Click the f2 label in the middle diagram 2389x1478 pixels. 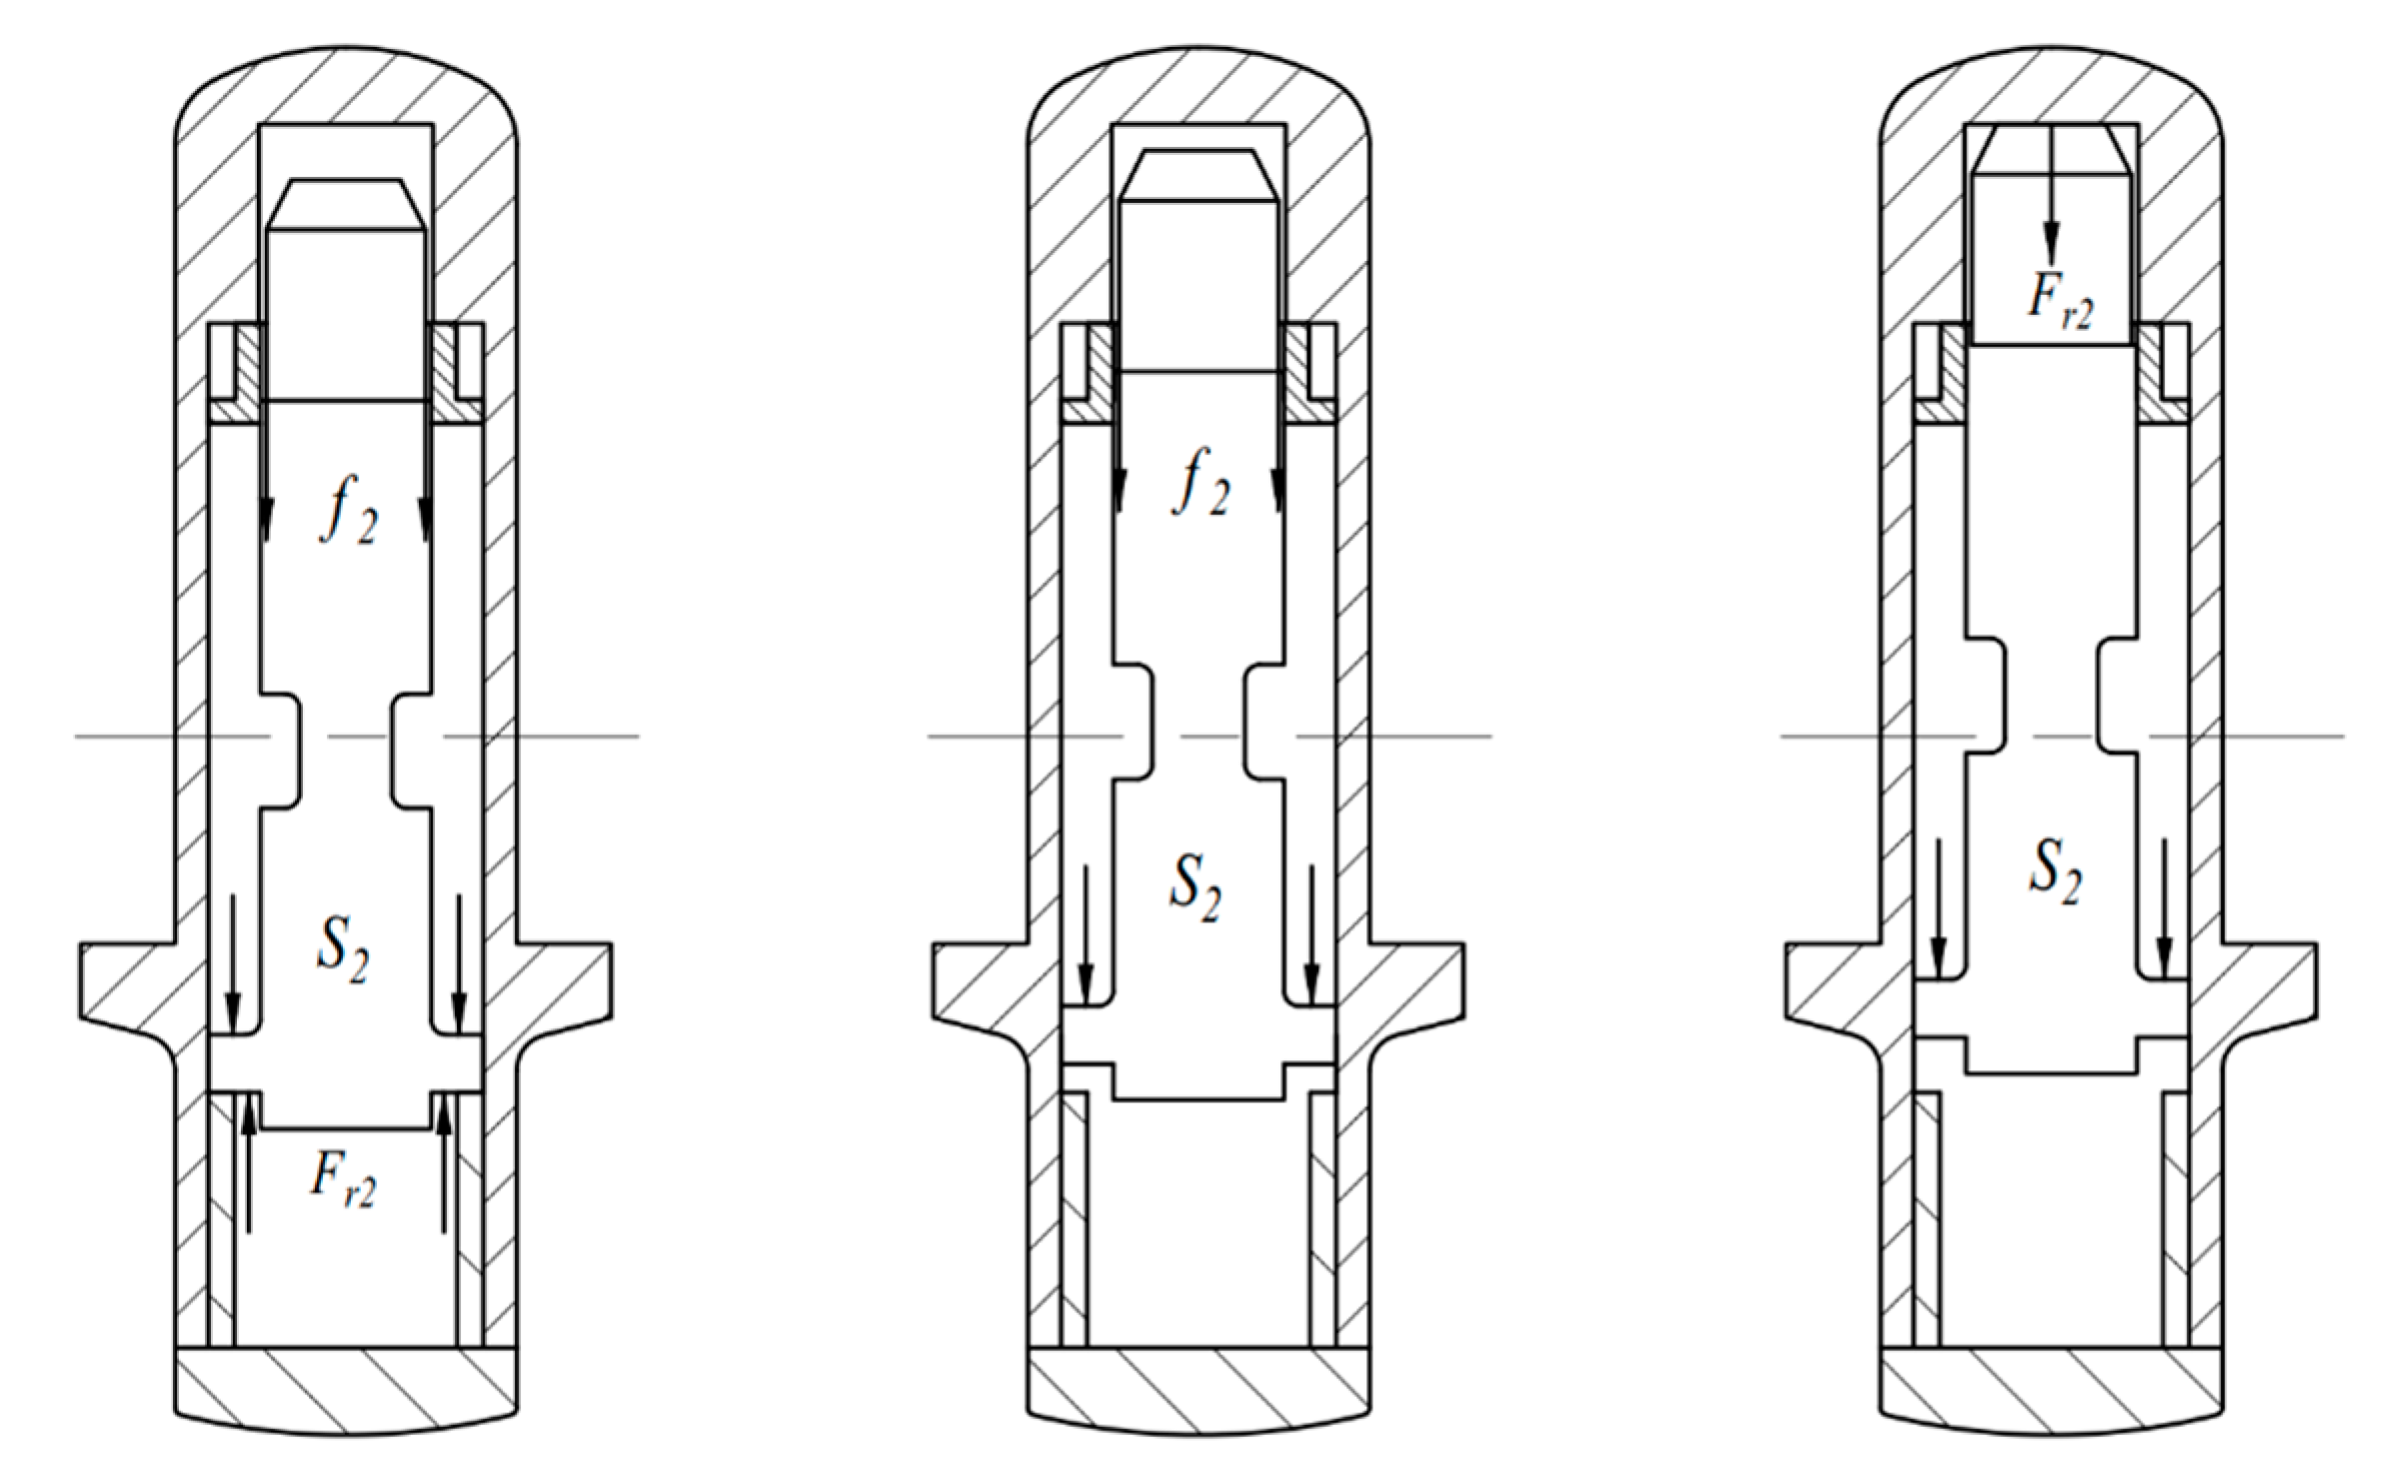coord(1200,482)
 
